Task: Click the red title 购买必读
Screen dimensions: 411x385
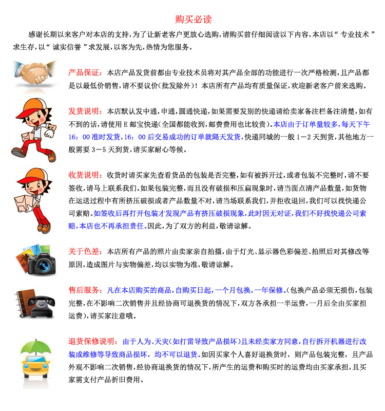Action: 193,20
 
